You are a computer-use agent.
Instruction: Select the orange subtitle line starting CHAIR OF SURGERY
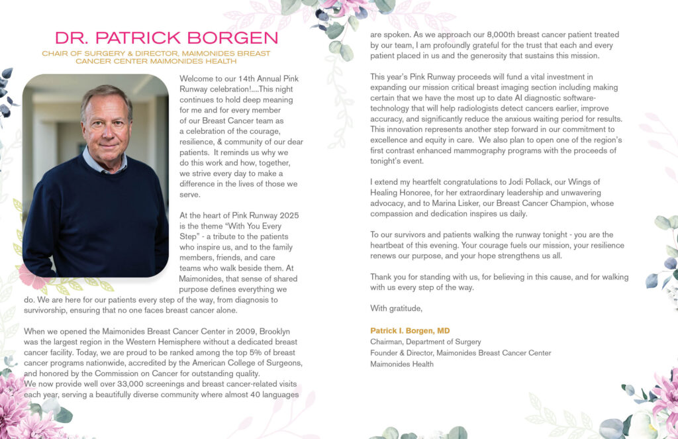point(156,54)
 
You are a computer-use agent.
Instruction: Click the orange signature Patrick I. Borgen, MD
point(410,330)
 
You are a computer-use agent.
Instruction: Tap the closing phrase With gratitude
point(396,308)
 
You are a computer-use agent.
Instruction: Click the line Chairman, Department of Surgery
point(425,342)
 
